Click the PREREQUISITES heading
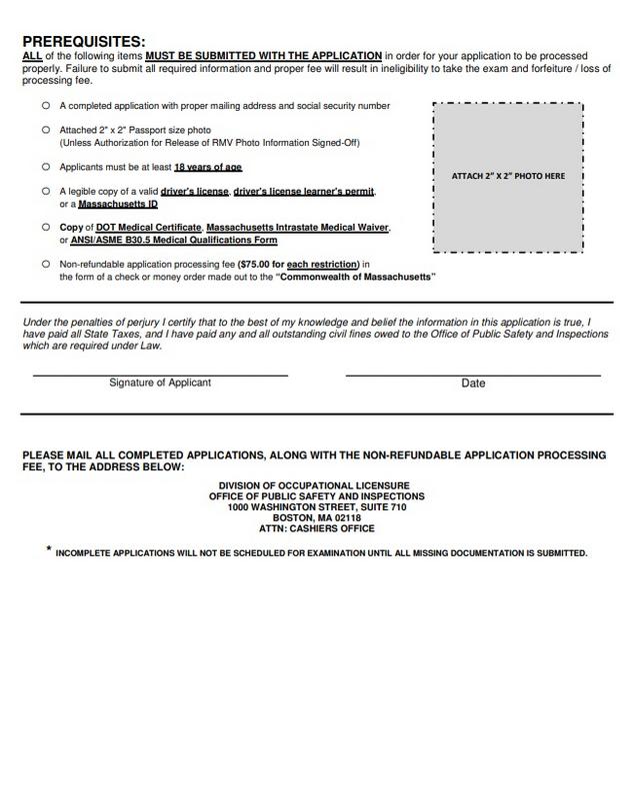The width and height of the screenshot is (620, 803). click(x=83, y=41)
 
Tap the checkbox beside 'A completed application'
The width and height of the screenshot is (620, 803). click(x=45, y=105)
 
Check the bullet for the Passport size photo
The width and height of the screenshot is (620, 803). click(x=45, y=130)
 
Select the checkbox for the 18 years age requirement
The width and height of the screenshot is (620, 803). click(x=45, y=166)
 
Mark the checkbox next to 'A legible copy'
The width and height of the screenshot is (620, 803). click(x=45, y=190)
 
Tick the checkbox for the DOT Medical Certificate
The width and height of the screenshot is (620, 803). click(x=45, y=228)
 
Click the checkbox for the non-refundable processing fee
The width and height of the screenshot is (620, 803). click(x=45, y=264)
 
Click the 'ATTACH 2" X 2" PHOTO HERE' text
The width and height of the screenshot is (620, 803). click(x=509, y=176)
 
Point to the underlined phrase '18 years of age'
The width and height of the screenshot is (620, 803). click(x=208, y=167)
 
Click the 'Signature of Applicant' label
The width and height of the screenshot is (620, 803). click(x=160, y=383)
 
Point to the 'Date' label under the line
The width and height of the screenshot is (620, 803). click(x=473, y=384)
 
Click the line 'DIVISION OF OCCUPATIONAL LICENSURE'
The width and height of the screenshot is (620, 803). click(x=314, y=485)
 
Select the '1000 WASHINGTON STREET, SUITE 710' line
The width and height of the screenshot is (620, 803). click(x=314, y=507)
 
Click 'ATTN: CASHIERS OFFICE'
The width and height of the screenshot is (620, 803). click(x=314, y=529)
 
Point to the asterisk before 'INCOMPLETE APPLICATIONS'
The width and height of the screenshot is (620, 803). click(x=48, y=549)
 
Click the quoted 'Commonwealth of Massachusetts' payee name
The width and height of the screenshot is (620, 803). click(x=358, y=276)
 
